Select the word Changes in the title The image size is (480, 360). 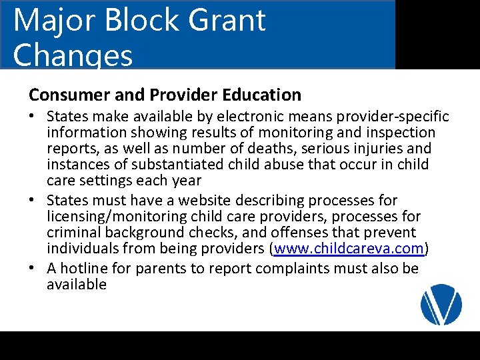point(73,55)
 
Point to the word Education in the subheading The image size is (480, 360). point(261,95)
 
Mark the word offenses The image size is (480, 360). point(295,233)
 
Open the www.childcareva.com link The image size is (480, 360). point(349,249)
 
